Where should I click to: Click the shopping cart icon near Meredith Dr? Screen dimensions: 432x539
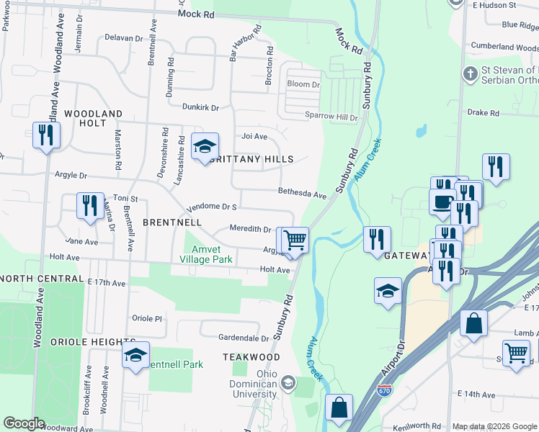[x=294, y=239]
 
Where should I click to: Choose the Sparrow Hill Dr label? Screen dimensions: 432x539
[x=331, y=117]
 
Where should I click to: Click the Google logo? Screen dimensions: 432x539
[x=24, y=423]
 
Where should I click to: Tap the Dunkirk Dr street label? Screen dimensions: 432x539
[x=200, y=107]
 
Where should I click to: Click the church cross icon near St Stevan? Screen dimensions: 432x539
[x=470, y=73]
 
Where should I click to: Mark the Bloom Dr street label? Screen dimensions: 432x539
[x=303, y=84]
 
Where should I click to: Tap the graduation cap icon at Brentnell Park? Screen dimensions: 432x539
[x=135, y=356]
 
